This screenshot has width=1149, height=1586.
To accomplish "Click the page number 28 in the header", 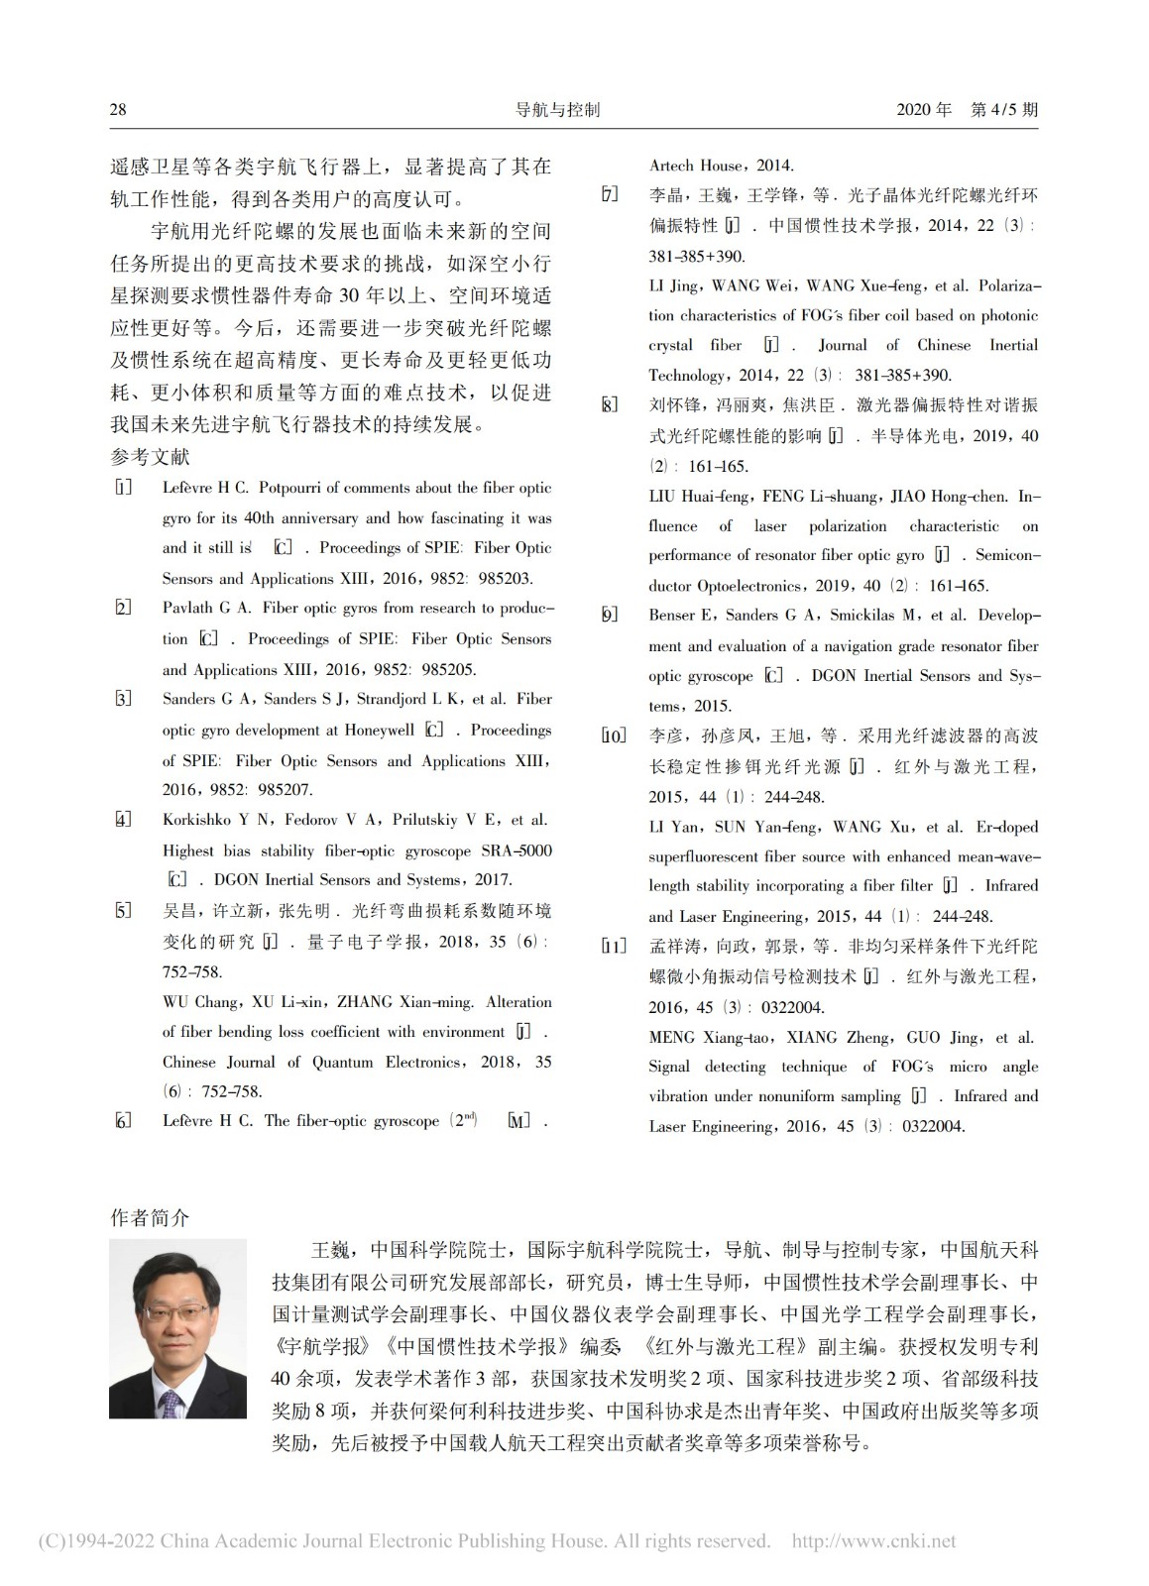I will [118, 109].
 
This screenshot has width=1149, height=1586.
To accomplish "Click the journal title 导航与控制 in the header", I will [557, 109].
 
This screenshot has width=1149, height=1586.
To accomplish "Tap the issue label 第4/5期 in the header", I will [1004, 109].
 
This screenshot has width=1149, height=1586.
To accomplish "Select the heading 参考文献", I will [150, 457].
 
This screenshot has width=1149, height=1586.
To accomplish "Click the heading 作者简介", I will [150, 1218].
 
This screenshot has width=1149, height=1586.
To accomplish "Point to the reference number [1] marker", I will [123, 488].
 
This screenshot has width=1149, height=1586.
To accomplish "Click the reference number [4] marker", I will [123, 820].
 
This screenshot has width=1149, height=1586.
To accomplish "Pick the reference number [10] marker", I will [614, 736].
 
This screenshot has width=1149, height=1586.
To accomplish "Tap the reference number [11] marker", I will [614, 947].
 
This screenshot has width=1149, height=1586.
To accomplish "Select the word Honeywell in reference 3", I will [380, 731].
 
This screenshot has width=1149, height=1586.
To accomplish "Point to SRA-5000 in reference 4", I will [517, 850].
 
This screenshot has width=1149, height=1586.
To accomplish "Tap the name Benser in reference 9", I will [673, 615].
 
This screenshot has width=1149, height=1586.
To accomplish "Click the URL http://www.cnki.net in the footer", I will [873, 1541].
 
